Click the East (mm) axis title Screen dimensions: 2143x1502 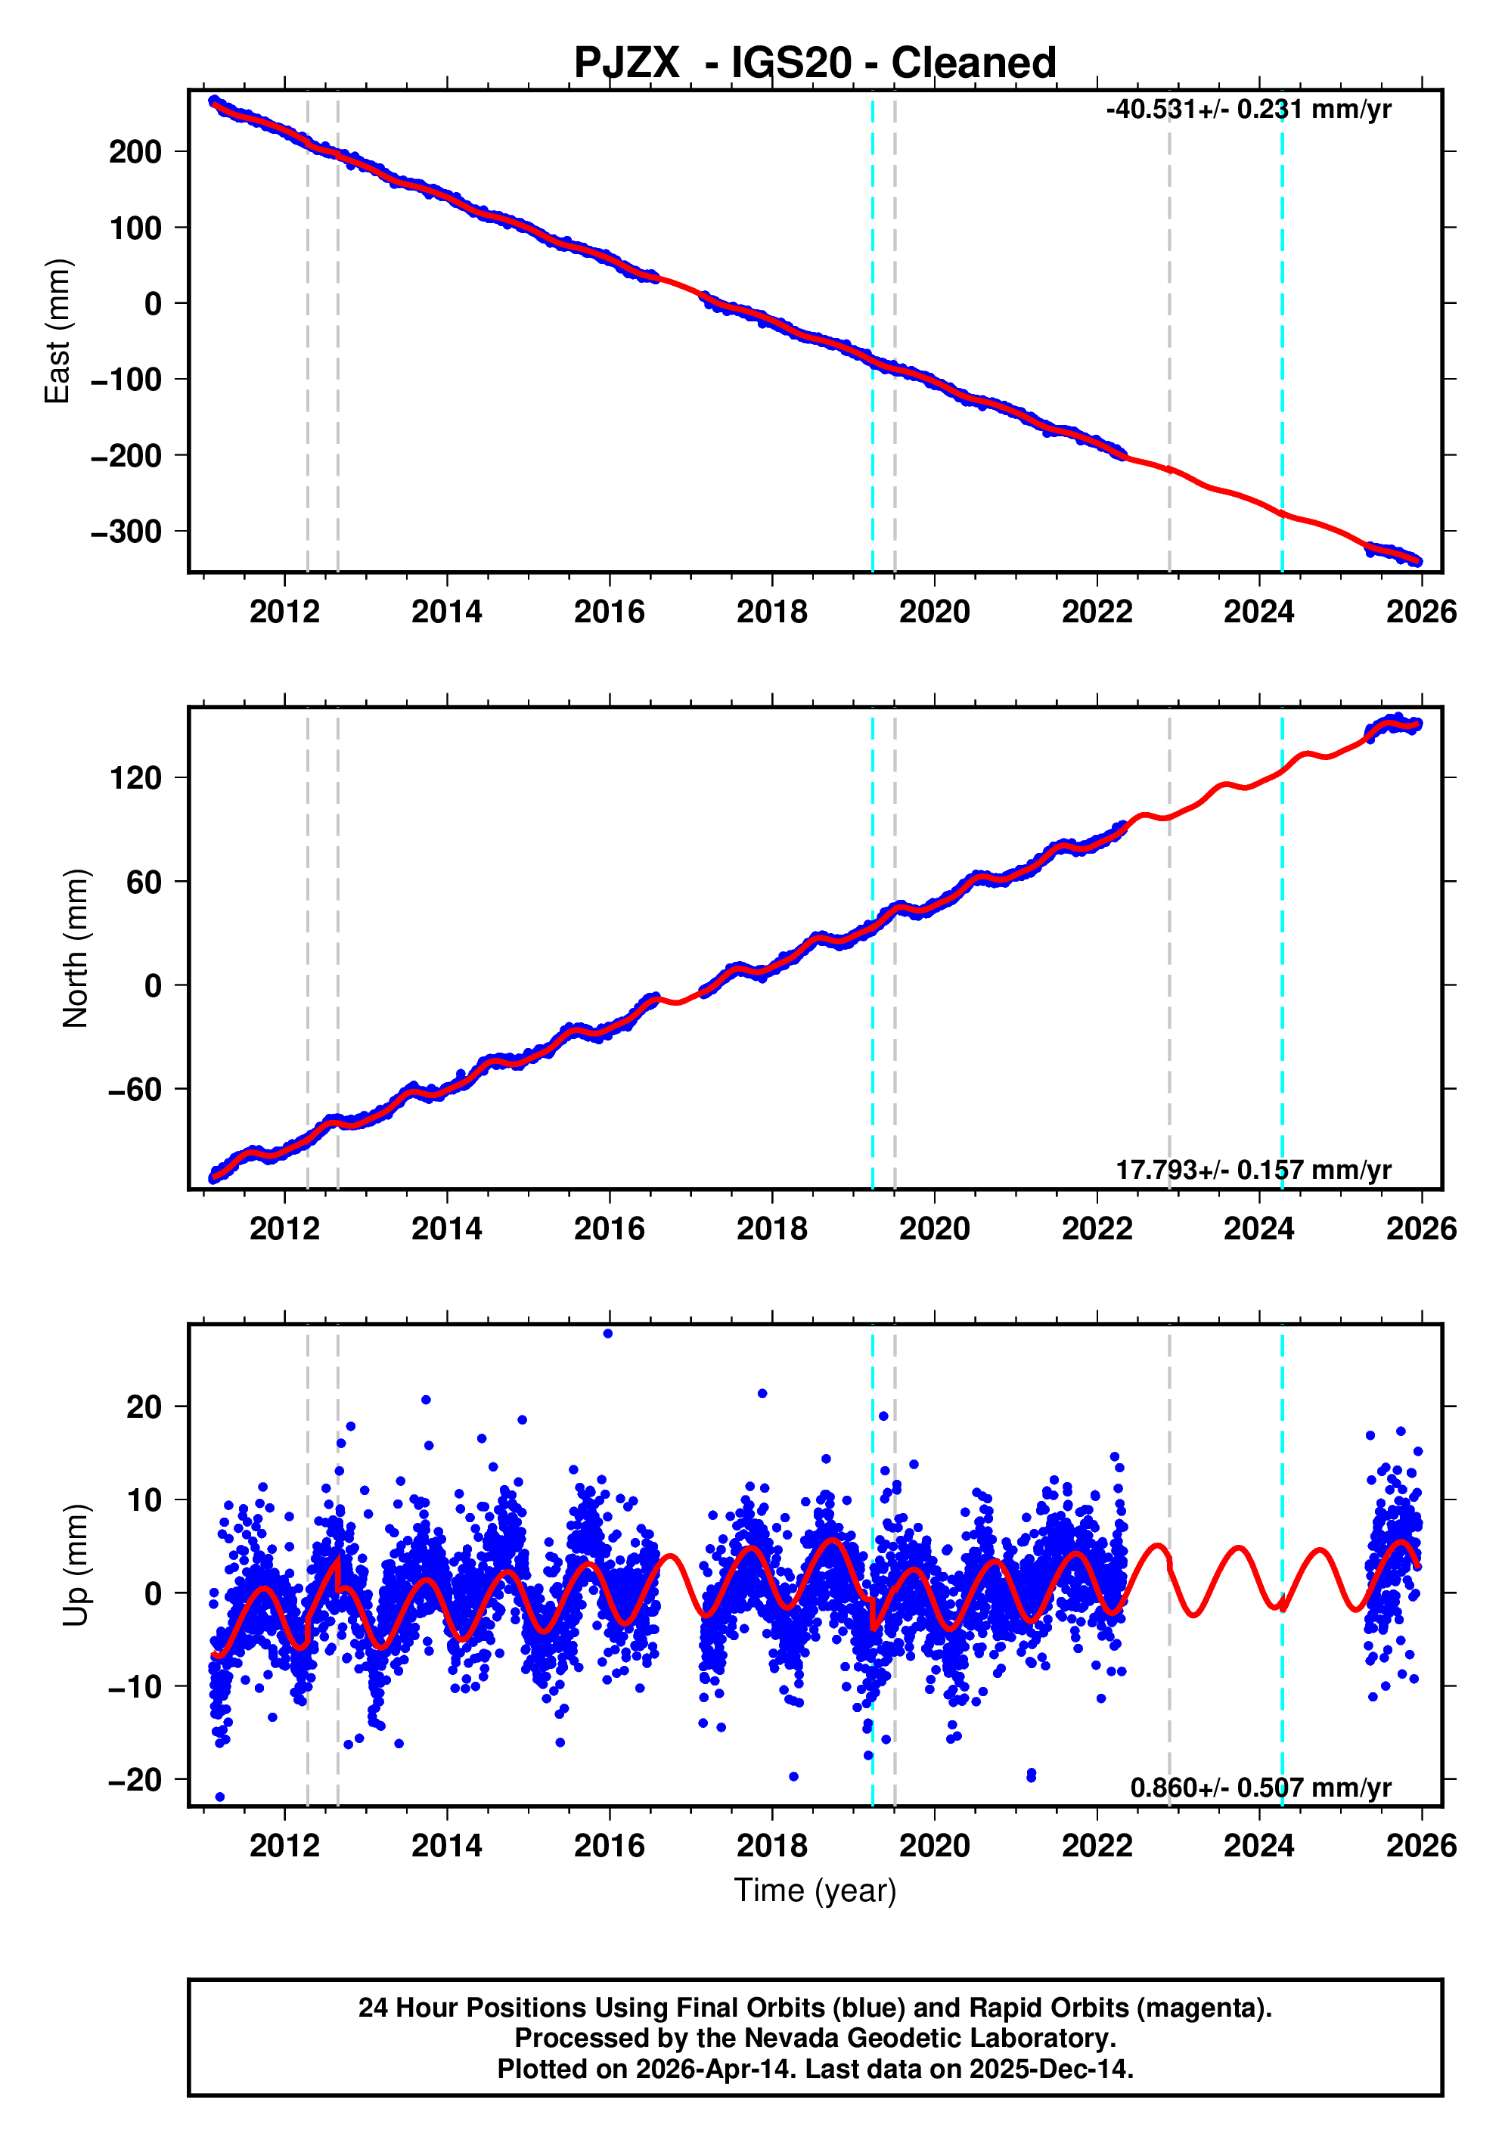58,331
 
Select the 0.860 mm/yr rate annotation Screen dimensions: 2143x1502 1259,1788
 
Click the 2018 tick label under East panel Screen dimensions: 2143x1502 771,613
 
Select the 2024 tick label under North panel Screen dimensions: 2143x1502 1258,1230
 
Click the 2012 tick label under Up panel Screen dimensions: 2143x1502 284,1846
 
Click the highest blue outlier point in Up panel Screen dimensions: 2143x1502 608,1334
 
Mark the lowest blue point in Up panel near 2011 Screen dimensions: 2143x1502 220,1797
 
